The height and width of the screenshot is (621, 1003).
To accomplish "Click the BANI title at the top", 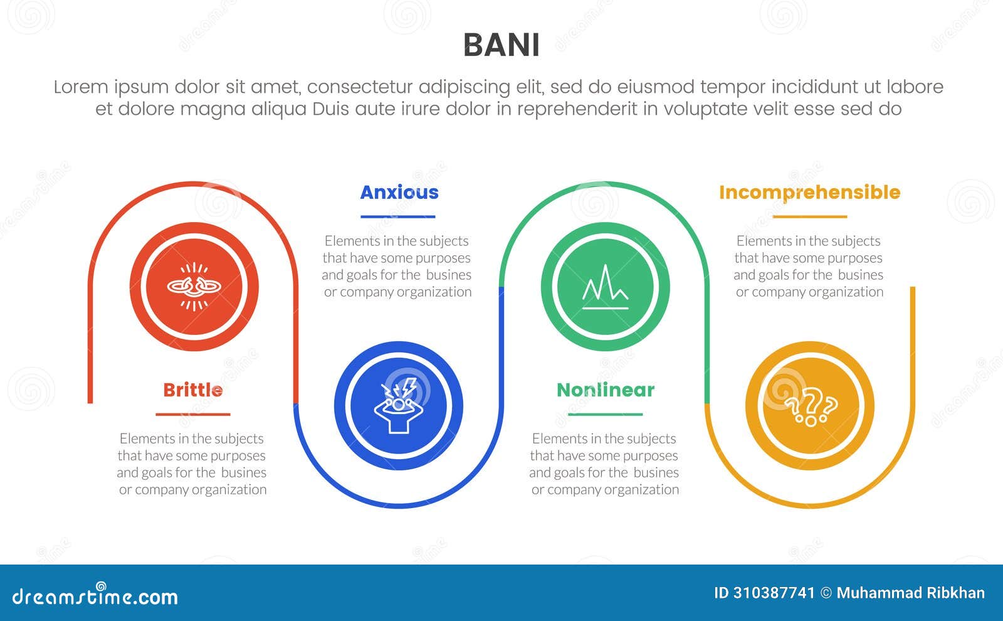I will pyautogui.click(x=501, y=45).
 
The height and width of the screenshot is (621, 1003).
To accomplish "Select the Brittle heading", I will pyautogui.click(x=193, y=390).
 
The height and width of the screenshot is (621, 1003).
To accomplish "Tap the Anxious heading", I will pyautogui.click(x=399, y=193).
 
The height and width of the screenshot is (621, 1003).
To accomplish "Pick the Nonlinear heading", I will pyautogui.click(x=606, y=390).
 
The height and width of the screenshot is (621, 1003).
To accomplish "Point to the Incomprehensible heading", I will pyautogui.click(x=809, y=193).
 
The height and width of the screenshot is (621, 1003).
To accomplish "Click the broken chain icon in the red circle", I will pyautogui.click(x=194, y=287).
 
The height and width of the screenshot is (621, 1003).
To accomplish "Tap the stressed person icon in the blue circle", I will pyautogui.click(x=399, y=405).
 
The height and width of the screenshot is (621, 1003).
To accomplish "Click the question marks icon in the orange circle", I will pyautogui.click(x=810, y=405).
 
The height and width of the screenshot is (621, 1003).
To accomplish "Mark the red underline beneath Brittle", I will pyautogui.click(x=193, y=415).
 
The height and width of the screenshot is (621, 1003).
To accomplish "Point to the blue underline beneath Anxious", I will pyautogui.click(x=398, y=217).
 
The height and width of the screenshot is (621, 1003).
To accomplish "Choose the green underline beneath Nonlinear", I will pyautogui.click(x=606, y=415).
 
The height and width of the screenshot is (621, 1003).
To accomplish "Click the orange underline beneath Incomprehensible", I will pyautogui.click(x=810, y=217).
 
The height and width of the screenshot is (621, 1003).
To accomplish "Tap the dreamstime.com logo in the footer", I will pyautogui.click(x=95, y=596).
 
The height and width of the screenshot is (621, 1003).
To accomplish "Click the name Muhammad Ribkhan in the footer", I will pyautogui.click(x=910, y=593).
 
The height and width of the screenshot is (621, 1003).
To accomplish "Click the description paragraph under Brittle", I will pyautogui.click(x=192, y=464).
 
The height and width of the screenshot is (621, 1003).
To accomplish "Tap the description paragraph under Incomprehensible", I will pyautogui.click(x=809, y=267).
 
